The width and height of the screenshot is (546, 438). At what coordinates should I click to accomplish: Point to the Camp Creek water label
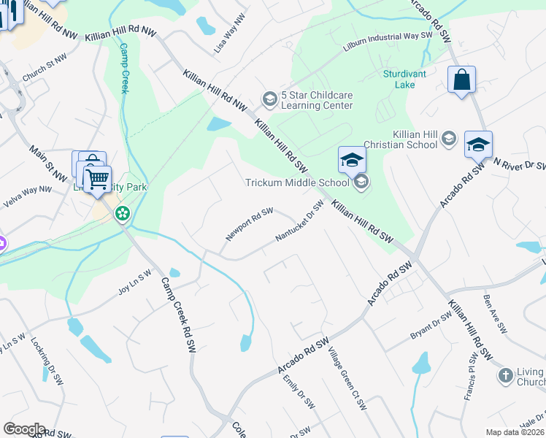point(124,67)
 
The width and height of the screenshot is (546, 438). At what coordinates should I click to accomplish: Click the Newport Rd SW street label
point(250,224)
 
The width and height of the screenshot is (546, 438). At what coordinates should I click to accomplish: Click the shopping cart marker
point(97,178)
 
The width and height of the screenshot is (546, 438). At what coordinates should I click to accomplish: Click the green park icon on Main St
point(123,214)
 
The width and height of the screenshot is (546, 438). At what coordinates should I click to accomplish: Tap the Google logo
point(24,429)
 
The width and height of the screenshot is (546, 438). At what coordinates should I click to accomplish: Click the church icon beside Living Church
point(505,376)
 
